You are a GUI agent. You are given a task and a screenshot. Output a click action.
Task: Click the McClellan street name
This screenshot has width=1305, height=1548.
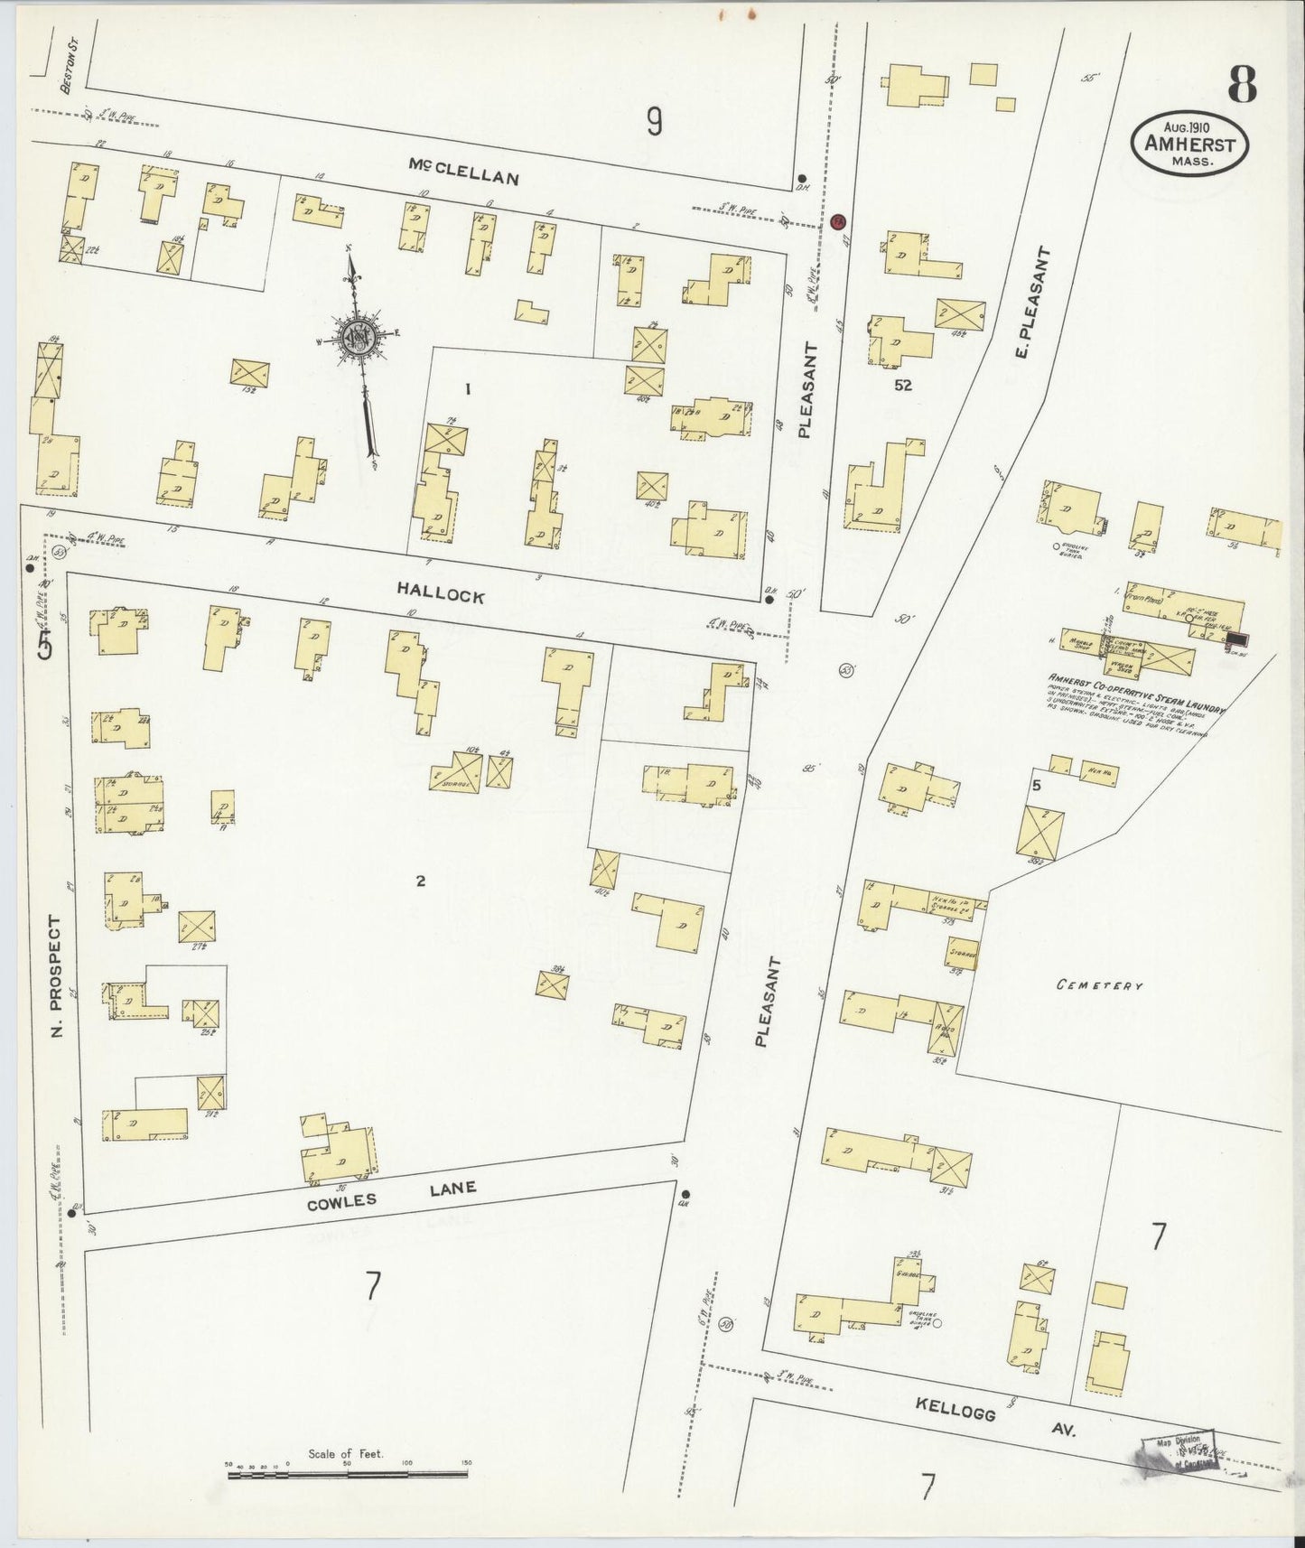point(463,172)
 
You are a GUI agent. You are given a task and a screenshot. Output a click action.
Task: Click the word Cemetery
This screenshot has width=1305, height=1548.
point(1100,986)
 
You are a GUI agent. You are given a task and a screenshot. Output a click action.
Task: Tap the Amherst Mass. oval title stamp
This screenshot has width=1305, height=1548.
point(1191,144)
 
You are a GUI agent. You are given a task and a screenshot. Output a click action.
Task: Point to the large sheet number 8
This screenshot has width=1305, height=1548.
point(1242,87)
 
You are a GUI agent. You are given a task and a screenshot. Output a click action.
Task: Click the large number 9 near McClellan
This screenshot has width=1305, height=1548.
point(654,120)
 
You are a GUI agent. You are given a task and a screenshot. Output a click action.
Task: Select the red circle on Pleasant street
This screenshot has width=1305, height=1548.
point(837,220)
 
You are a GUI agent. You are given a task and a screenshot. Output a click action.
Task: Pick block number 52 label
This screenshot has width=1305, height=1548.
point(902,385)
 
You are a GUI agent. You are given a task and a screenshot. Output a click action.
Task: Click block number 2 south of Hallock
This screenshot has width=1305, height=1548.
point(420,881)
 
